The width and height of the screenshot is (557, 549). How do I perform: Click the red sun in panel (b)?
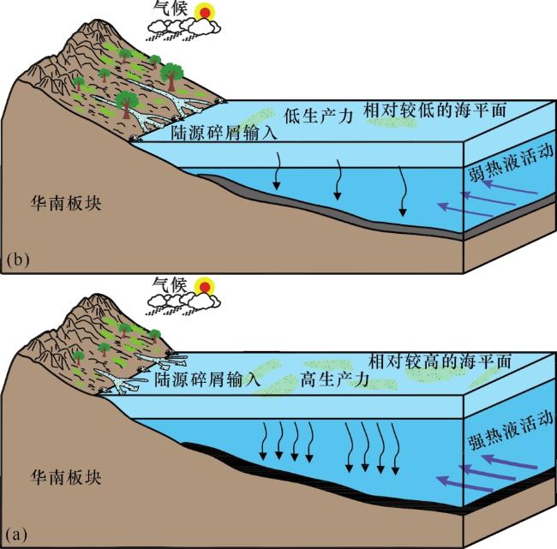tap(205, 13)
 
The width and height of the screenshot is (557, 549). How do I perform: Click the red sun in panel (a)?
tap(205, 286)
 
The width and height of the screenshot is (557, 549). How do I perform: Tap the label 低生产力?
tap(318, 116)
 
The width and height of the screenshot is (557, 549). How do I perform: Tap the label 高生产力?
tap(334, 379)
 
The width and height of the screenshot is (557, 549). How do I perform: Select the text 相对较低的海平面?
tap(434, 110)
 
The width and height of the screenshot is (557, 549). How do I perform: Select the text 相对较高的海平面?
tap(440, 361)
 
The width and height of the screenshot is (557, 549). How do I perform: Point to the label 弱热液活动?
tap(512, 163)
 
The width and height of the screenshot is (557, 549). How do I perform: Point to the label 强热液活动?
tap(512, 431)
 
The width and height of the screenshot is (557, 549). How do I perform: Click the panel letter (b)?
tap(18, 260)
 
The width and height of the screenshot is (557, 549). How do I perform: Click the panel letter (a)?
tap(16, 534)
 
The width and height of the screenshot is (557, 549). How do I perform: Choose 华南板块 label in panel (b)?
tap(66, 204)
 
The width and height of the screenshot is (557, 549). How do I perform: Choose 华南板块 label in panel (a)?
tap(66, 477)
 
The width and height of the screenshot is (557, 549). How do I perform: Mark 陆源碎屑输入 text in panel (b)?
tap(224, 133)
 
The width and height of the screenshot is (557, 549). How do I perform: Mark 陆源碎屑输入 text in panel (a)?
tap(207, 379)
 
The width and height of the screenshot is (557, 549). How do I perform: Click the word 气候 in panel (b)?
tap(171, 8)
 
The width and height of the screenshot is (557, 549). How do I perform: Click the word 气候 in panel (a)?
tap(171, 284)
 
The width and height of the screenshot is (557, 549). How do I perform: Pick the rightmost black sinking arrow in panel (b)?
tap(402, 191)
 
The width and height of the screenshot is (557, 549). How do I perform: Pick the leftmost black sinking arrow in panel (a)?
tap(263, 441)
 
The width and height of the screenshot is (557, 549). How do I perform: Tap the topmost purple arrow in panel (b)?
tap(511, 188)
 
